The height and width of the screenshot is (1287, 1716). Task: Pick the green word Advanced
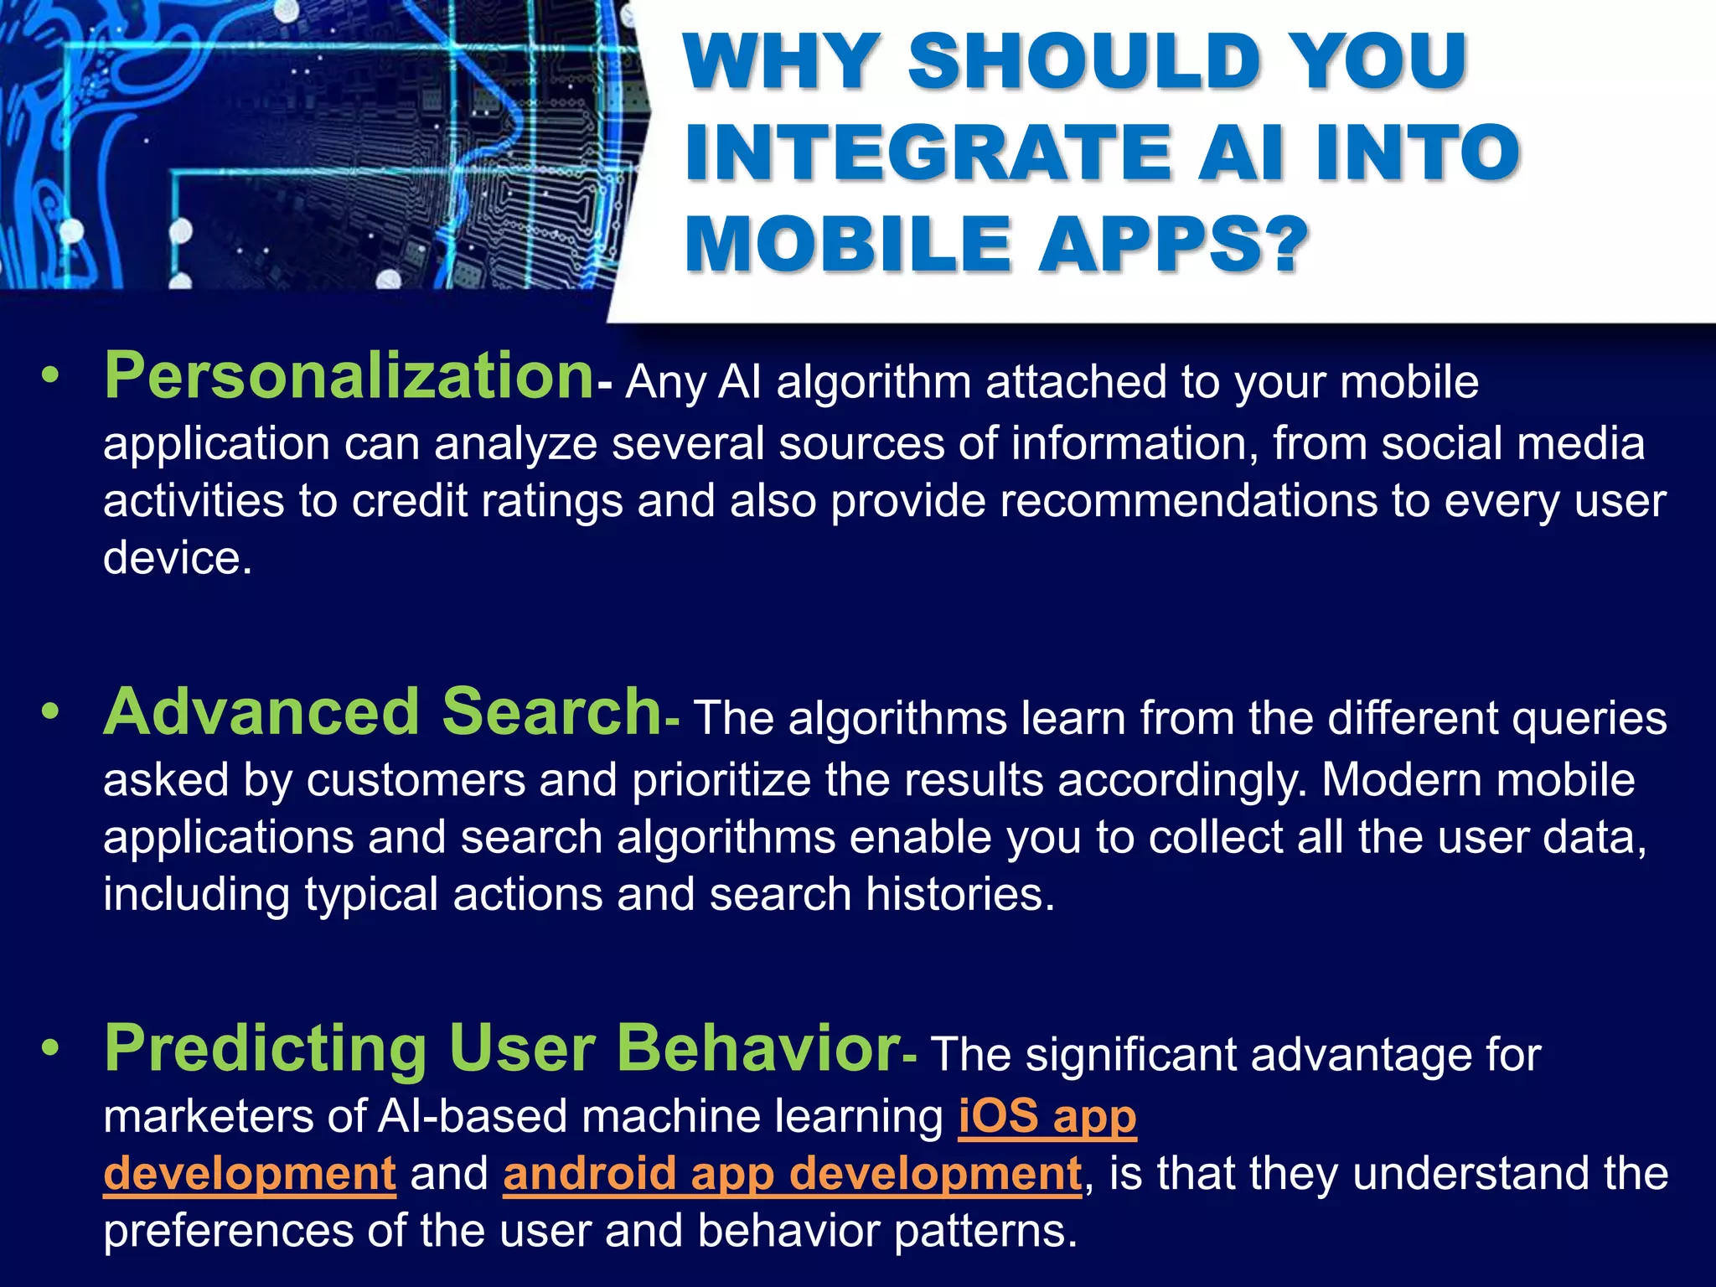coord(261,712)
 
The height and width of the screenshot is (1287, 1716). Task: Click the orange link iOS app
coord(1047,1116)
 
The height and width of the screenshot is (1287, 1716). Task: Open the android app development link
coord(792,1173)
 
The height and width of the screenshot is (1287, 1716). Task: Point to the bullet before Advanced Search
coord(51,712)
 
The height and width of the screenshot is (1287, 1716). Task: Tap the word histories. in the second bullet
coord(960,894)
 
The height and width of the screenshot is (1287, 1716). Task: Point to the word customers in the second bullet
coord(415,780)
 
